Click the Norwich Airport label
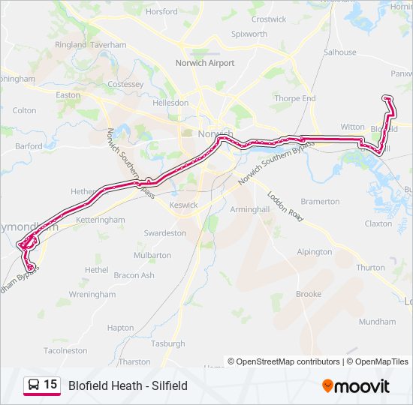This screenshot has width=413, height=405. point(204,63)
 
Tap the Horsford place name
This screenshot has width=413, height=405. point(161,12)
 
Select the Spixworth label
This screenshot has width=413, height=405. point(249,34)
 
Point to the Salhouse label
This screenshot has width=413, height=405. point(339,52)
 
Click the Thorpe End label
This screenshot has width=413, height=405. point(294,98)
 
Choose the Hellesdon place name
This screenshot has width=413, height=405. point(170,103)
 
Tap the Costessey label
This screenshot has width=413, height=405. point(125,85)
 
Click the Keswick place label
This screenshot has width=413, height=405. point(183,205)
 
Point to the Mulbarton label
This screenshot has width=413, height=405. point(152,256)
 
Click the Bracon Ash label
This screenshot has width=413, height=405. point(134,275)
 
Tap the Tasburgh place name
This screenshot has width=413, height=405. point(167,343)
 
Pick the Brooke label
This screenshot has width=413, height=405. point(309,295)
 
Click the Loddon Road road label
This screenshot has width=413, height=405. point(285,205)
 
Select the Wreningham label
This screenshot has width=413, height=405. point(92,295)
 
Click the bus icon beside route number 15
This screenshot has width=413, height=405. point(34,385)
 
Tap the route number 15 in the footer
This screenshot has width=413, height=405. point(50,385)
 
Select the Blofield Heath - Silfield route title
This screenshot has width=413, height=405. point(128,386)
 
